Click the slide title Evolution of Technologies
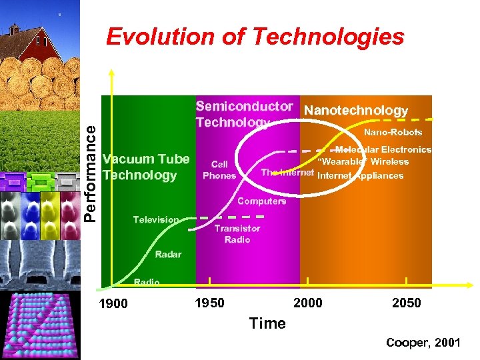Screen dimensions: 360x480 pos(255,37)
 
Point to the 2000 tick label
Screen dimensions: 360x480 pos(307,303)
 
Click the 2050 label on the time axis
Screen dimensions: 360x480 pos(406,303)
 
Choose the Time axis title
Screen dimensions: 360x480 pos(267,323)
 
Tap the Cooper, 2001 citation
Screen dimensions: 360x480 pos(423,343)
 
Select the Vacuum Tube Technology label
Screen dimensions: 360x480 pos(146,167)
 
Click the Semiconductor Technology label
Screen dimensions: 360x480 pos(244,113)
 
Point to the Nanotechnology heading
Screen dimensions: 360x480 pos(355,110)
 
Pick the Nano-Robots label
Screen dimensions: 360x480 pos(393,132)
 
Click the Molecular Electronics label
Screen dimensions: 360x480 pos(383,150)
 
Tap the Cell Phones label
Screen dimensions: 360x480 pos(219,170)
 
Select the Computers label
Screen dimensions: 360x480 pos(261,201)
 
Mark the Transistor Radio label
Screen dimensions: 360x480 pos(237,234)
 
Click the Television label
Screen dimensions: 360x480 pos(155,219)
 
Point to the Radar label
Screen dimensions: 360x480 pos(168,254)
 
